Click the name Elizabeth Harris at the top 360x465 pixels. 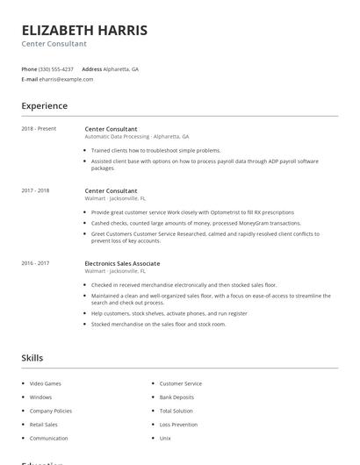point(84,31)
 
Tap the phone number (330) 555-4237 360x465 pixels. point(57,68)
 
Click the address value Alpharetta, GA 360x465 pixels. point(122,68)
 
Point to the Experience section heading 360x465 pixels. point(44,106)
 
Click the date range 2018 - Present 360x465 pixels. point(39,129)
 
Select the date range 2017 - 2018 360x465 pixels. point(35,190)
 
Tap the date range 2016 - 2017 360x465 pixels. point(35,263)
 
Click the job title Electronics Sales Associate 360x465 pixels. point(122,263)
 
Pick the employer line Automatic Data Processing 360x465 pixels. point(137,137)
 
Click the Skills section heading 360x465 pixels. point(32,358)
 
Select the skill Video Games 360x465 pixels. point(45,383)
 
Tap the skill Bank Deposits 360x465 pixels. point(177,397)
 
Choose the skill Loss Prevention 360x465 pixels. point(178,425)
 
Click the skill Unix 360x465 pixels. point(164,438)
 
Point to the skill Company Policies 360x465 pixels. point(51,411)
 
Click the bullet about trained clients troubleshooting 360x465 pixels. point(155,150)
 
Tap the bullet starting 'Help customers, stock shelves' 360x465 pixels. point(169,313)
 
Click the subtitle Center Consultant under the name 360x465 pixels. point(54,44)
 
